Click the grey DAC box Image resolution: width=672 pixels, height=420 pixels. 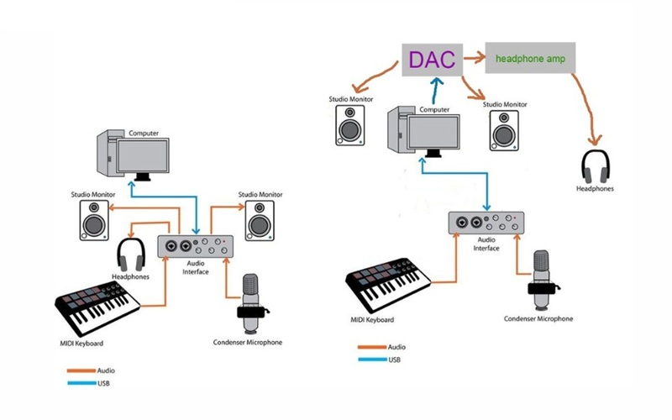click(x=432, y=59)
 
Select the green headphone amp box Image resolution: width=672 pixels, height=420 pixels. click(x=530, y=59)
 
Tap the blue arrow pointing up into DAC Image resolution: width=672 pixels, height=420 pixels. click(x=433, y=91)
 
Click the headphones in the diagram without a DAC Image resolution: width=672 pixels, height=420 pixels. click(x=131, y=255)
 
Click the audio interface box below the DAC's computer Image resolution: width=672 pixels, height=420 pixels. click(x=487, y=224)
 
